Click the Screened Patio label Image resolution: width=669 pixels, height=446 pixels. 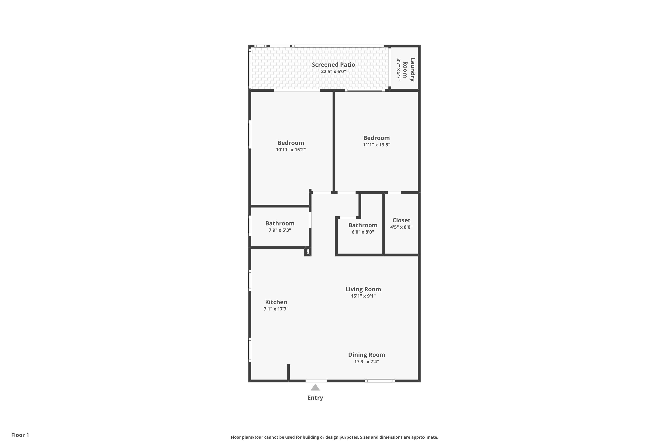(x=333, y=65)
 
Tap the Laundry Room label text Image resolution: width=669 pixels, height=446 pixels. (x=409, y=70)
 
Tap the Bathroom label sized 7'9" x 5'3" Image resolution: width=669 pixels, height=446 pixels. (x=280, y=223)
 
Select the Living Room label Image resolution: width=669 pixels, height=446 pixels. (x=363, y=289)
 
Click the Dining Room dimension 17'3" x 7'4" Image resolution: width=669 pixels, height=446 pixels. (x=366, y=362)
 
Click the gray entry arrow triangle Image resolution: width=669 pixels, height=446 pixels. (x=315, y=388)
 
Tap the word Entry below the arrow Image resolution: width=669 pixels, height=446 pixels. (x=315, y=398)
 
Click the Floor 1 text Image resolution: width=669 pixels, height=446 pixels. (x=20, y=435)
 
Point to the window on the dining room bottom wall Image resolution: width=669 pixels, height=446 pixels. (x=380, y=381)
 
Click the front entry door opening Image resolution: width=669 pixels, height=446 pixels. (x=316, y=381)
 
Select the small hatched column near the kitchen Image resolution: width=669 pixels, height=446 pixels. (x=308, y=252)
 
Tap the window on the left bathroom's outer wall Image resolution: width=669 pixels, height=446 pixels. (x=250, y=225)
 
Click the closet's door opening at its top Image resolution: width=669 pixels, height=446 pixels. (x=394, y=193)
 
